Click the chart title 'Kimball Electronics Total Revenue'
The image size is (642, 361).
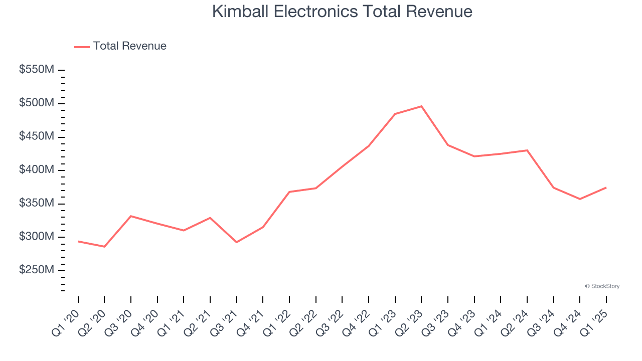click(x=342, y=11)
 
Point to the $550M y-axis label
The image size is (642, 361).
click(x=36, y=70)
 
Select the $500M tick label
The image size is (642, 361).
click(x=36, y=103)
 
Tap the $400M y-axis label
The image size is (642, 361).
click(x=36, y=170)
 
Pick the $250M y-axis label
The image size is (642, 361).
click(x=36, y=270)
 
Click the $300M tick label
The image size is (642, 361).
click(x=36, y=237)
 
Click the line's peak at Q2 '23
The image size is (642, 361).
click(x=421, y=106)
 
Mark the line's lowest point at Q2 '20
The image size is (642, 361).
click(x=104, y=247)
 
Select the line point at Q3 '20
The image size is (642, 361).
click(x=131, y=216)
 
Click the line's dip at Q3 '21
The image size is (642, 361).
click(x=237, y=242)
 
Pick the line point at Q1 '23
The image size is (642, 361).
click(x=395, y=114)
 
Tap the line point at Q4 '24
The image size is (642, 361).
click(x=580, y=199)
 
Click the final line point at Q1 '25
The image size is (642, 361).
click(x=606, y=188)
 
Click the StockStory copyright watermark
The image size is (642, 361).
click(x=602, y=286)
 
